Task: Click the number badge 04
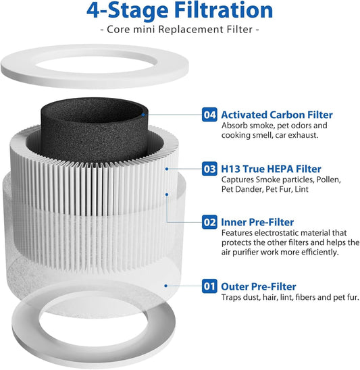pos(210,115)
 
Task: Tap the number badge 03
pos(210,168)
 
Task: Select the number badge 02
pos(210,221)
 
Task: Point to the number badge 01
pos(210,286)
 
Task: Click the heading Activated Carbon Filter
pos(277,115)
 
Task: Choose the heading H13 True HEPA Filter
pos(271,168)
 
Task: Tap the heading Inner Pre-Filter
pos(258,221)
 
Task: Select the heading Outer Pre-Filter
pos(259,286)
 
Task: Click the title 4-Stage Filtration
pos(180,11)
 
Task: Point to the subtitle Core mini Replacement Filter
pos(180,31)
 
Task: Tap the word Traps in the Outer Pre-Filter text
pos(233,298)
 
